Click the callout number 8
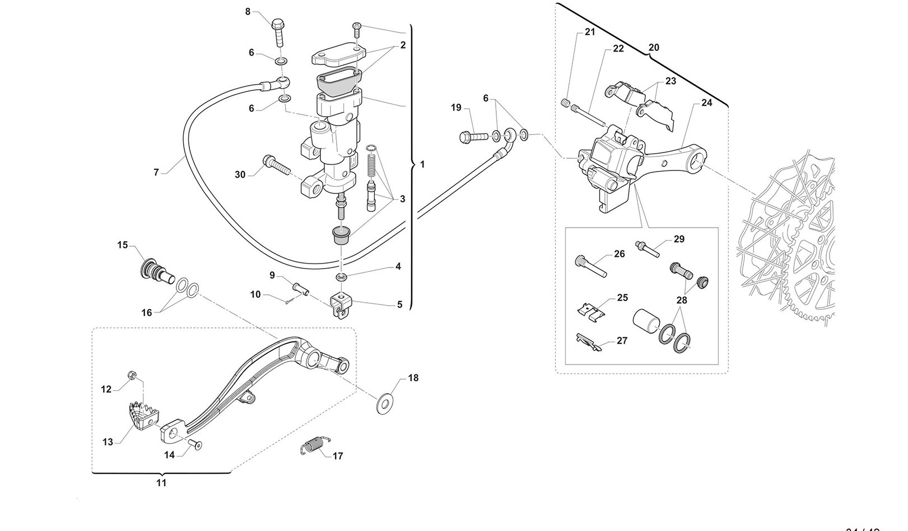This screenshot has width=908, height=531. (x=248, y=11)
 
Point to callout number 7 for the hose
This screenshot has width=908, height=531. (x=156, y=172)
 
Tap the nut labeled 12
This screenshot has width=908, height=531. (x=133, y=375)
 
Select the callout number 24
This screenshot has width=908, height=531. (x=706, y=103)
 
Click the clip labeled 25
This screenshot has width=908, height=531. (x=593, y=311)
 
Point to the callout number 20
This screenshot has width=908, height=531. (x=654, y=48)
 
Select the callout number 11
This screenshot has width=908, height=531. (x=161, y=482)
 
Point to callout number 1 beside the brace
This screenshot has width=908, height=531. (x=422, y=165)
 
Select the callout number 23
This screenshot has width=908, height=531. (x=670, y=81)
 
